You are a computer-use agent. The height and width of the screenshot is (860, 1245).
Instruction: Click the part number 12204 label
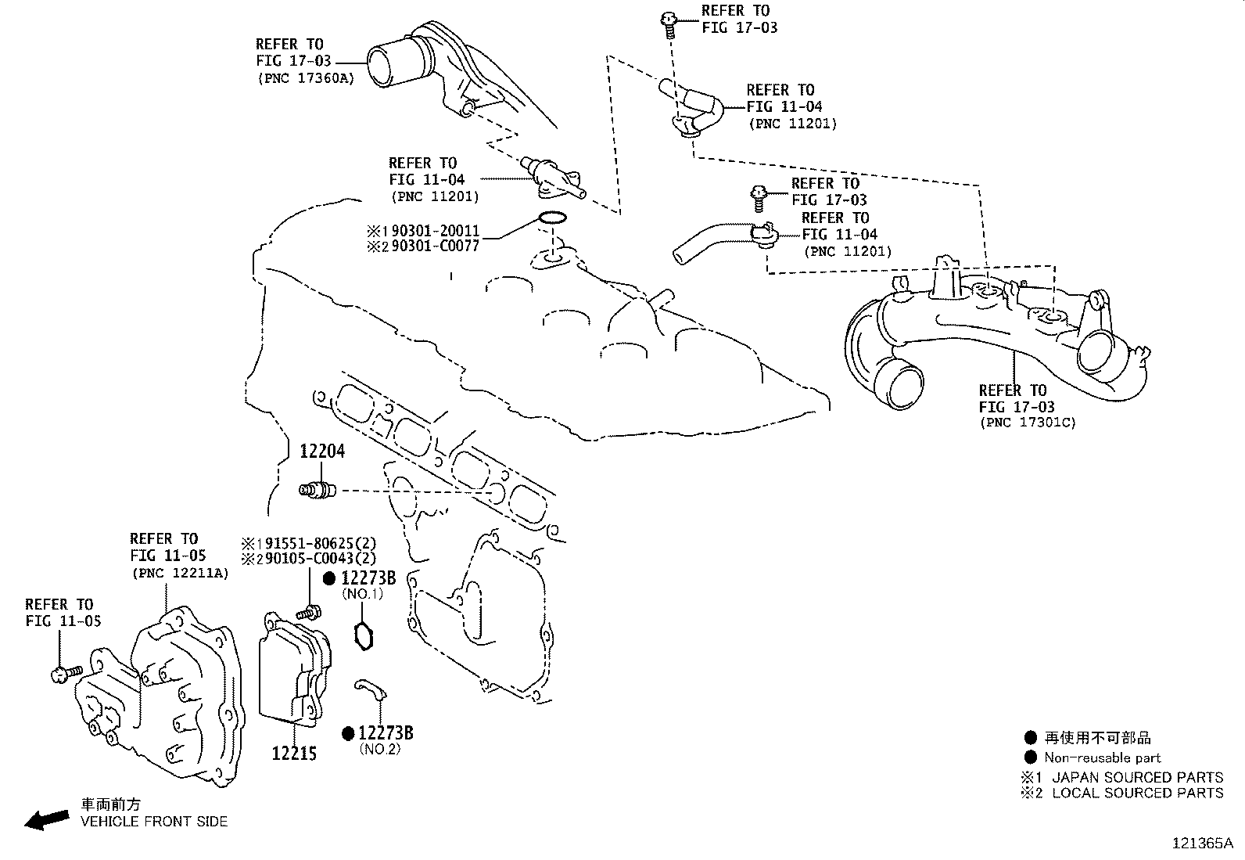[322, 452]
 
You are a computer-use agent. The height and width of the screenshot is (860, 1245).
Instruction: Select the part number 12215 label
[294, 754]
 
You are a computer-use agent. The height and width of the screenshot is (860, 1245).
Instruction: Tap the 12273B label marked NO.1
[368, 579]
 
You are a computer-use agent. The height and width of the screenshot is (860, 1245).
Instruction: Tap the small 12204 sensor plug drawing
[318, 491]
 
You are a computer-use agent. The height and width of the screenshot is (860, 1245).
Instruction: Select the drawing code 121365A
[1201, 844]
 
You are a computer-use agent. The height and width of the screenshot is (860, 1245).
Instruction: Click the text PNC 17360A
[305, 78]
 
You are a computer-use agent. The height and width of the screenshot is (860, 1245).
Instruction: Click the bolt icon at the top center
[669, 23]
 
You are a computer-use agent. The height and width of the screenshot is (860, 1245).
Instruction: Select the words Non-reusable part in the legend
[1102, 757]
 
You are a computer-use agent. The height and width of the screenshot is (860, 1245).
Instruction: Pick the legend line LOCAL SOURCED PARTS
[1137, 793]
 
